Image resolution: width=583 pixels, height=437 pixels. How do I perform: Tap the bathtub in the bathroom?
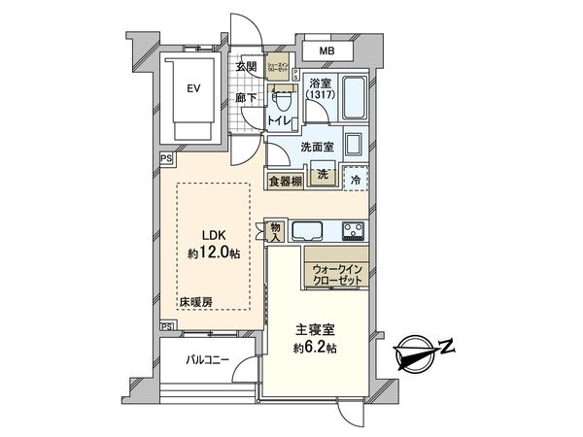click(353, 98)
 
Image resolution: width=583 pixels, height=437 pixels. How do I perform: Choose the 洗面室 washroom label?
click(316, 147)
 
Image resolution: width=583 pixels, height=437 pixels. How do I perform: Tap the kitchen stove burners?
click(353, 231)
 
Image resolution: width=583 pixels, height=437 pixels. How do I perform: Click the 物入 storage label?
click(275, 231)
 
